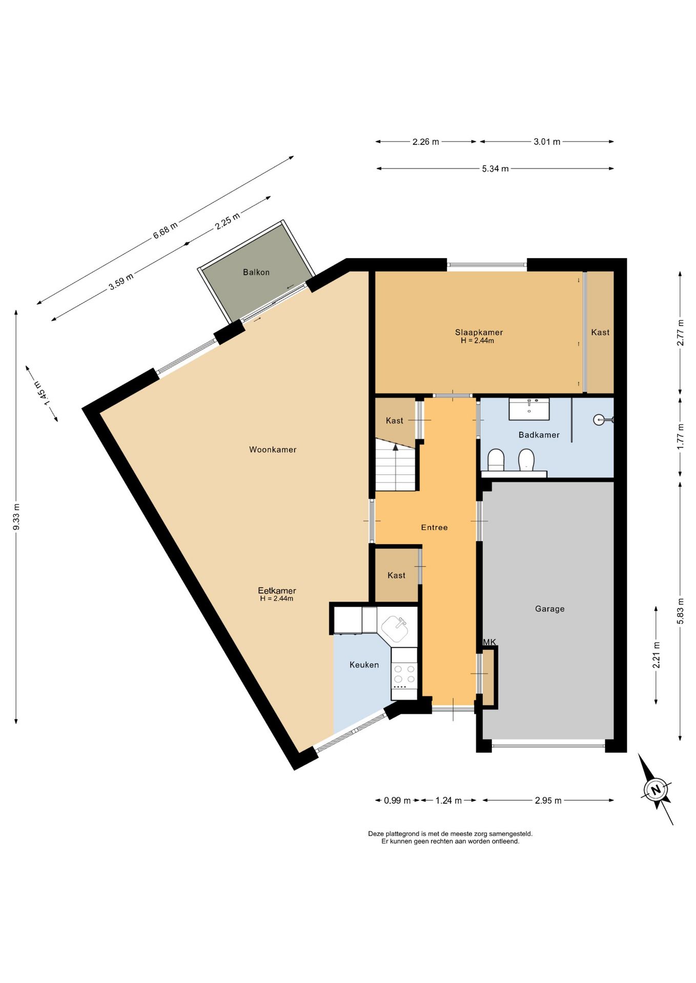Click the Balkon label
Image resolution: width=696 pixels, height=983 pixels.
(256, 272)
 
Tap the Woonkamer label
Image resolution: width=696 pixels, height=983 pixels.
(273, 450)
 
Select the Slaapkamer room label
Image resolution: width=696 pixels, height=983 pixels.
(479, 332)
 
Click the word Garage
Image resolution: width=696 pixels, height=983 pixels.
(549, 609)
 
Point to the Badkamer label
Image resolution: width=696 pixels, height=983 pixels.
(539, 435)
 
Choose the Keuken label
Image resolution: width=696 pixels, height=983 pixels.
(364, 665)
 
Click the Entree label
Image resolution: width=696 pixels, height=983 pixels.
(434, 527)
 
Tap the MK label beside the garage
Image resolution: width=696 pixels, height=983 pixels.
(489, 642)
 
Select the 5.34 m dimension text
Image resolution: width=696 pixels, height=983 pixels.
(495, 168)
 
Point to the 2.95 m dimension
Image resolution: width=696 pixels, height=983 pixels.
(548, 800)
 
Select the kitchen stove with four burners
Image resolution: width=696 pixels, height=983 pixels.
(404, 675)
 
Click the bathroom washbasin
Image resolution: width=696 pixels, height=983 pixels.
(529, 409)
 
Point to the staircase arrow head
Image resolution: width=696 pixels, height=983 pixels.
(396, 447)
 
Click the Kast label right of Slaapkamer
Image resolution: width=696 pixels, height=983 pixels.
(600, 332)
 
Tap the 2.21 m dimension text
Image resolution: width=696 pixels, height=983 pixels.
(656, 655)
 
